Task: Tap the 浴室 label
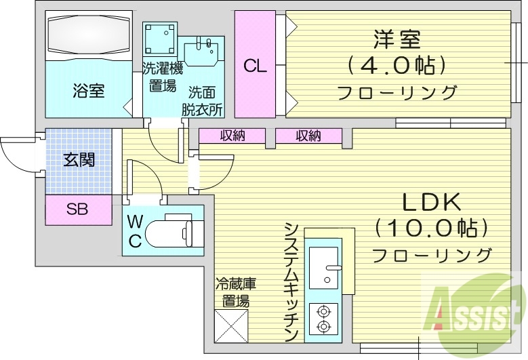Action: (x=89, y=90)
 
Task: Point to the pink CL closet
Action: (x=255, y=66)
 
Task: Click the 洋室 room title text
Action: (x=397, y=40)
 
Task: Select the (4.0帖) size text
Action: (x=397, y=66)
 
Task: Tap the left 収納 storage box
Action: (x=232, y=136)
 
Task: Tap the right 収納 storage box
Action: (x=308, y=136)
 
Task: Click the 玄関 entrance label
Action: (x=79, y=160)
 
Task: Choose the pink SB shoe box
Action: (x=78, y=209)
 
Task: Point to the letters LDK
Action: (x=432, y=202)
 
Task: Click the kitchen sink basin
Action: (x=325, y=266)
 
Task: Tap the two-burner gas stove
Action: (x=323, y=319)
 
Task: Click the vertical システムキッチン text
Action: (x=291, y=281)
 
